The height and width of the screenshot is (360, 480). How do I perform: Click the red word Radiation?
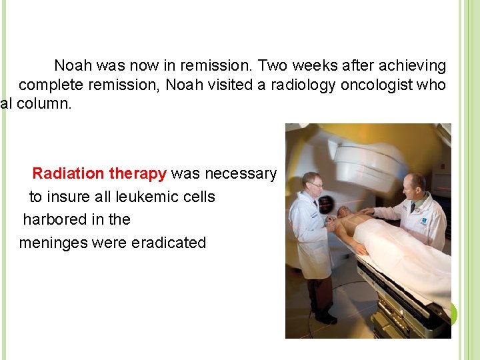[x=69, y=174]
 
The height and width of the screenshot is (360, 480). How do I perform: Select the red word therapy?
[x=137, y=174]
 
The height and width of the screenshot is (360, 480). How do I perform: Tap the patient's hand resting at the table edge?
[x=360, y=248]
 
